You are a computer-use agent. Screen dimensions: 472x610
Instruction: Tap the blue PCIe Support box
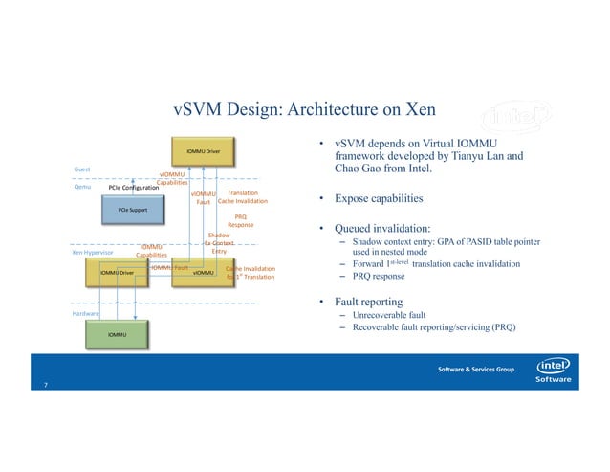(x=131, y=209)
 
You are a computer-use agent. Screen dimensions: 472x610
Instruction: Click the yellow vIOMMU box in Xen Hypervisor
(x=203, y=273)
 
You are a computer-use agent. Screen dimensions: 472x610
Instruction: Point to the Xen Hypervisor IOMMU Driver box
(x=117, y=273)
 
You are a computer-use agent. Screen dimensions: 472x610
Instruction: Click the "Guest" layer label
(x=82, y=170)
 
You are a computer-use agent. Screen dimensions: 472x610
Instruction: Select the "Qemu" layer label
(x=82, y=188)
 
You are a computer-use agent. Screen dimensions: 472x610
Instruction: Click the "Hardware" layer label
(x=87, y=313)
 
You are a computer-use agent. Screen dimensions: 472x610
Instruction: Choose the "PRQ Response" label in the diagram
(x=240, y=221)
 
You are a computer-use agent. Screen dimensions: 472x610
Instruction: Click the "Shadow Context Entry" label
(x=219, y=243)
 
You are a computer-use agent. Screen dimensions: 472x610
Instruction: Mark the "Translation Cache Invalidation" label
(x=242, y=197)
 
